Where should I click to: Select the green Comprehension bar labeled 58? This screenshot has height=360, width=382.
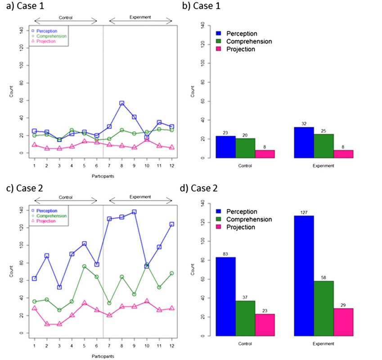point(324,308)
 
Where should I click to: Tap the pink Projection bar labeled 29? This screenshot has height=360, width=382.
point(343,322)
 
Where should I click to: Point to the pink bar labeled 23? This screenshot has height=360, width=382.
point(265,324)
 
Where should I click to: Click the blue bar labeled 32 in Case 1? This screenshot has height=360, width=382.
point(304,143)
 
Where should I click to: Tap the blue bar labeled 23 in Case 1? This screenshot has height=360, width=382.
point(225,147)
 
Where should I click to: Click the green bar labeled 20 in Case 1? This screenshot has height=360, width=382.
point(245,148)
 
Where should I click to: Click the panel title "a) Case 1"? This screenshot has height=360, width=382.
point(19,6)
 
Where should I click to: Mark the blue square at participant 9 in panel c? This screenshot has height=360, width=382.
point(134,211)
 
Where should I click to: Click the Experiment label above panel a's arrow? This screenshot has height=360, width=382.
point(140,17)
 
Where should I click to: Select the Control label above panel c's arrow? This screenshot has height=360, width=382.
point(66,197)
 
